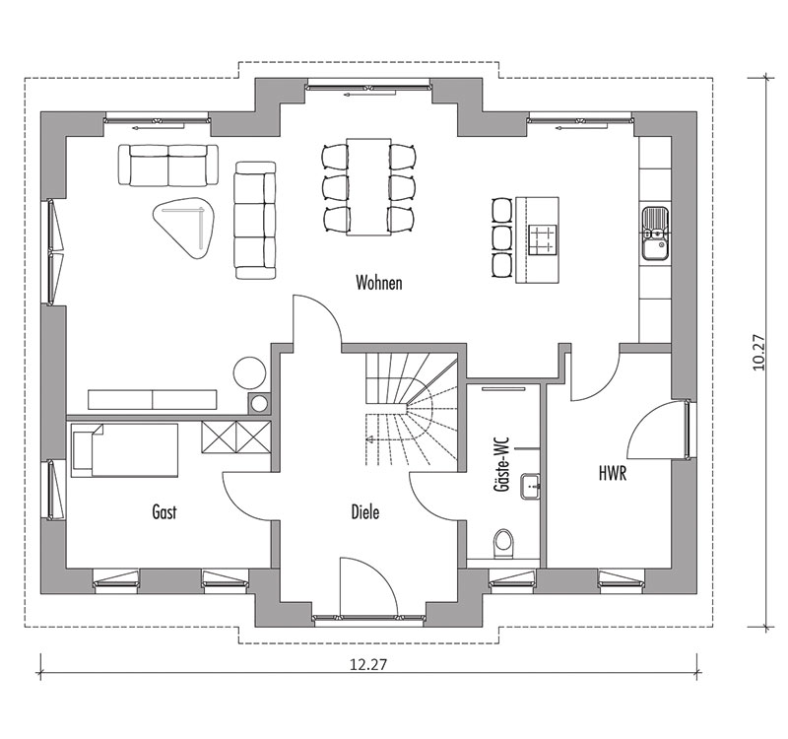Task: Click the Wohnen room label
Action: pos(379,283)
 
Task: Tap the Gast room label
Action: pos(164,511)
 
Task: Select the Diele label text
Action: pos(365,511)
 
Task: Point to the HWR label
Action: pos(613,473)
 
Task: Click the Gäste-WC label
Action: pos(502,465)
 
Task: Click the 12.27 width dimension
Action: pos(368,664)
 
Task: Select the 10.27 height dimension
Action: pos(757,353)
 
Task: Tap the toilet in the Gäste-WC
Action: pos(502,543)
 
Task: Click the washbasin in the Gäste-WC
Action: pos(530,486)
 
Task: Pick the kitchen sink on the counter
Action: pos(655,234)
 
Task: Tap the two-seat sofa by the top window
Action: pos(168,166)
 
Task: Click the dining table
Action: pos(368,186)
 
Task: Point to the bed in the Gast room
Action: pos(125,450)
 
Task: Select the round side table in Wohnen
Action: pos(249,372)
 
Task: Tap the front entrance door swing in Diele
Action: pos(368,585)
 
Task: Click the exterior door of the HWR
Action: pos(657,430)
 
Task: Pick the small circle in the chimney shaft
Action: pos(260,403)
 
